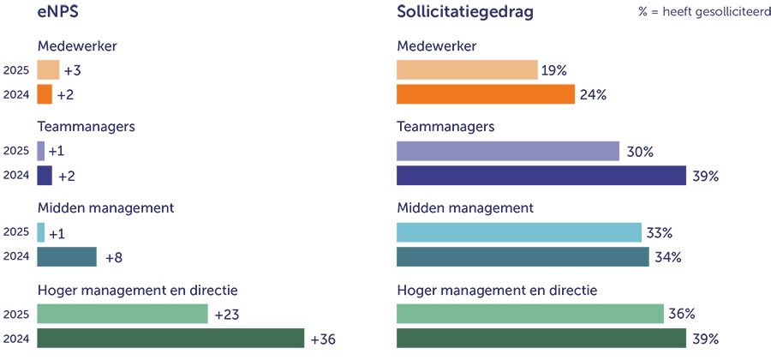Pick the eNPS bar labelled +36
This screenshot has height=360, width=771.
click(x=170, y=339)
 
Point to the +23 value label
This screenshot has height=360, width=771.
click(x=228, y=315)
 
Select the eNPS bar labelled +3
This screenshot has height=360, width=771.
click(x=48, y=70)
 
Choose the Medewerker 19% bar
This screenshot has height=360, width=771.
click(x=467, y=70)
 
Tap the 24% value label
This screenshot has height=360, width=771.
click(x=593, y=94)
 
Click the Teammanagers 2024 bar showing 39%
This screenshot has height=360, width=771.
click(x=541, y=176)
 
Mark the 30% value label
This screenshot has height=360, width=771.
click(x=639, y=152)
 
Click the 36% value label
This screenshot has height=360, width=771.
click(x=682, y=315)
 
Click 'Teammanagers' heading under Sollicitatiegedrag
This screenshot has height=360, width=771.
click(x=445, y=127)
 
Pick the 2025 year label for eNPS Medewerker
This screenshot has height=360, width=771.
click(x=17, y=70)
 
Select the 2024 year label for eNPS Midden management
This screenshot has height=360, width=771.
click(x=17, y=257)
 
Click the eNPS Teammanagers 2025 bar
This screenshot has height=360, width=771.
click(x=40, y=152)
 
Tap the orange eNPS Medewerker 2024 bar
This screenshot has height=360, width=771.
click(x=45, y=94)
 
